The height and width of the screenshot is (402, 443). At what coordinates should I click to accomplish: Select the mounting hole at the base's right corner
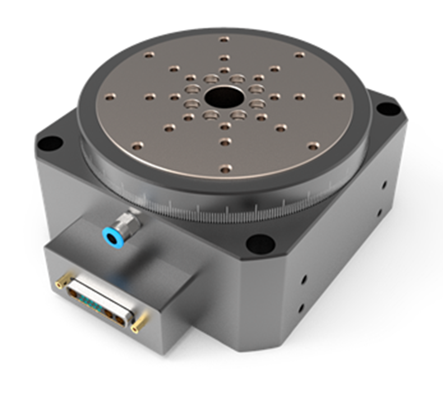point(388,109)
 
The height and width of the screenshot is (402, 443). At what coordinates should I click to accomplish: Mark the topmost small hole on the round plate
point(224,39)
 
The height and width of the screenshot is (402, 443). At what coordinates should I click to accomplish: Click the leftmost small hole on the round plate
point(110,97)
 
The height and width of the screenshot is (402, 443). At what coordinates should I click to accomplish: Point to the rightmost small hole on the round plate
point(339,97)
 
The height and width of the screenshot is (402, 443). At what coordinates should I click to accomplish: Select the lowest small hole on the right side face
point(301,307)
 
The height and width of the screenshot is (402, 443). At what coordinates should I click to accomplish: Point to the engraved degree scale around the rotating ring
point(215,209)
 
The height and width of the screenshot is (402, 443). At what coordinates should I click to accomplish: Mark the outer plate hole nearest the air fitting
point(137,146)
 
